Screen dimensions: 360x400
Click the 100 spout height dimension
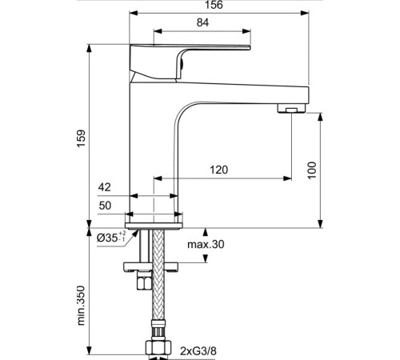(x=313, y=169)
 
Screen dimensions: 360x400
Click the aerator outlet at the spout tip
(x=290, y=108)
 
